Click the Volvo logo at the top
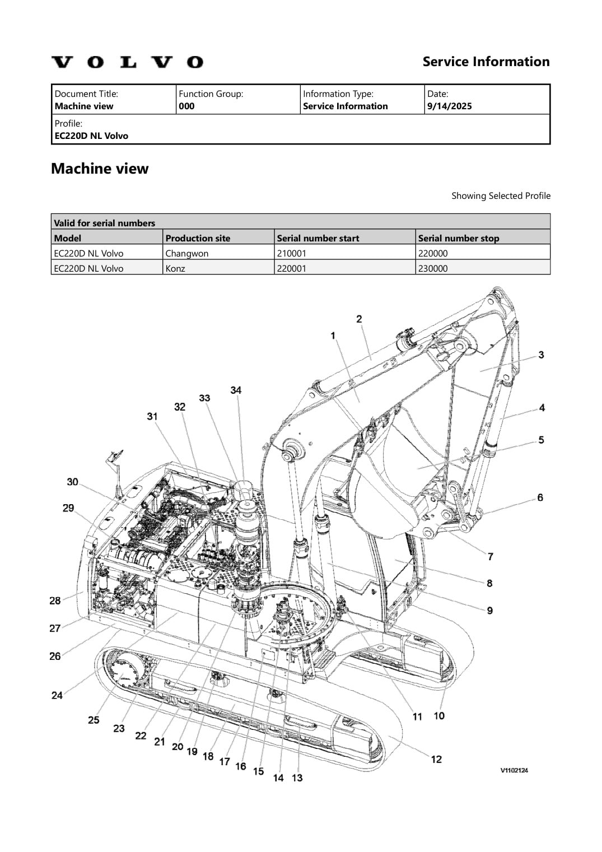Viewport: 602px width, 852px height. click(x=127, y=62)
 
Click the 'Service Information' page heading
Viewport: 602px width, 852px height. click(x=486, y=62)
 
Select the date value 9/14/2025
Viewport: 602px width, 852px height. click(x=449, y=106)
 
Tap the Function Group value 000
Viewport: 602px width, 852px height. click(x=186, y=106)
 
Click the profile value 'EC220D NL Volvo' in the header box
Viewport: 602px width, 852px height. click(x=91, y=136)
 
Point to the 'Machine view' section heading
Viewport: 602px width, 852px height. click(x=100, y=169)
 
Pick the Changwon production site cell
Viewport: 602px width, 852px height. click(x=187, y=253)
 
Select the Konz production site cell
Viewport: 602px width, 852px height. click(x=175, y=268)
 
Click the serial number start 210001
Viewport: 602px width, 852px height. click(x=291, y=253)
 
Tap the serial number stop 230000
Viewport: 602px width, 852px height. click(x=433, y=268)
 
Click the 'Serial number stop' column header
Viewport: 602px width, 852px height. click(x=458, y=238)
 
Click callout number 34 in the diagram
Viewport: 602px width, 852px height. click(x=236, y=390)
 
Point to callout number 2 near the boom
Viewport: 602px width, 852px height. click(x=359, y=319)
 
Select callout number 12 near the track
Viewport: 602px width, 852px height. click(x=436, y=759)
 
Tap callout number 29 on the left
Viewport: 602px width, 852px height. click(x=68, y=508)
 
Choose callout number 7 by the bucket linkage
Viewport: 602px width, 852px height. click(x=491, y=556)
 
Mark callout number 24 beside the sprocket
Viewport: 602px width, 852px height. click(x=57, y=695)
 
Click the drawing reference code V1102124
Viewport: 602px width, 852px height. click(x=514, y=770)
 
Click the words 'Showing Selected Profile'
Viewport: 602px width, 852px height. click(x=501, y=196)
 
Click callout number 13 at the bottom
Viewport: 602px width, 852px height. click(x=297, y=777)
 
